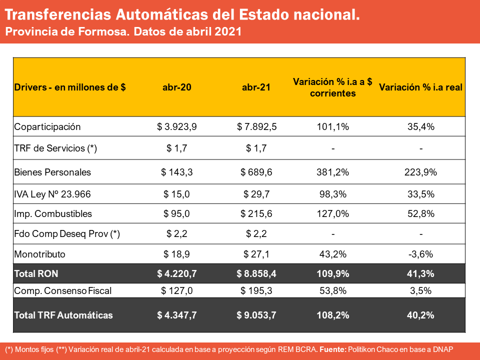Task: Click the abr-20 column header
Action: (x=177, y=87)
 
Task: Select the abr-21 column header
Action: (x=256, y=87)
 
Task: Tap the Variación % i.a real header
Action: (x=420, y=87)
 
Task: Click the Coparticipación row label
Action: (x=47, y=126)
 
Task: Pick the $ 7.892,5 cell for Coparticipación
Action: (x=256, y=126)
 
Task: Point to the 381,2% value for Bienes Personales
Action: (x=333, y=172)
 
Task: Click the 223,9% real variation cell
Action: (x=420, y=172)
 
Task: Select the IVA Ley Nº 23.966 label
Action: (x=52, y=194)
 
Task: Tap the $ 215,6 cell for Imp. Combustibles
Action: (x=256, y=213)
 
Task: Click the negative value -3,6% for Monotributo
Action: (x=420, y=254)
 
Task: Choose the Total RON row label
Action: (x=36, y=273)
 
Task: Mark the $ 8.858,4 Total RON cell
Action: (x=256, y=273)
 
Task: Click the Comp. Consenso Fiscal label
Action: (x=63, y=290)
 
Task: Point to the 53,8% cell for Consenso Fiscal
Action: (x=333, y=290)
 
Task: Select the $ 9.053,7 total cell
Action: (x=256, y=315)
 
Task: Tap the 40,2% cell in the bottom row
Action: (x=420, y=315)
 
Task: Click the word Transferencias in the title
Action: (x=58, y=14)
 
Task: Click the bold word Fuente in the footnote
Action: (x=333, y=349)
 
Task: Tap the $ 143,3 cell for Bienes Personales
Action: (x=177, y=172)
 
